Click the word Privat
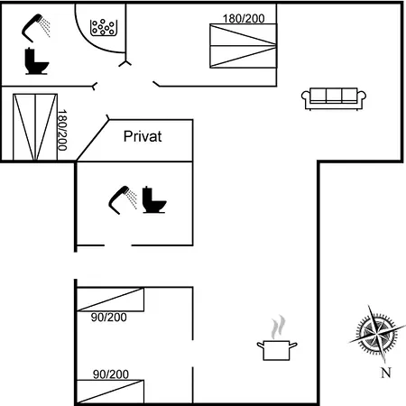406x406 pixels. pos(143,136)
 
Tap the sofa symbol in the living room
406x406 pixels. pos(334,98)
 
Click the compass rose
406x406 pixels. pos(377,333)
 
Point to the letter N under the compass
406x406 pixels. pos(386,373)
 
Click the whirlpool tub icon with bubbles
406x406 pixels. pos(104,28)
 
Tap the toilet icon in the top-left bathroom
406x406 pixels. pos(36,61)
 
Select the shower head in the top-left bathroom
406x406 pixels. pos(36,28)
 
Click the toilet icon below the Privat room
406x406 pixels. pos(154,199)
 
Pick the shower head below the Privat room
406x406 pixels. pos(123,200)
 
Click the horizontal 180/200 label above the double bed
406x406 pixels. pos(244,19)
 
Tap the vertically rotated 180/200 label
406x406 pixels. pos(62,130)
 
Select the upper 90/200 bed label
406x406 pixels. pos(109,318)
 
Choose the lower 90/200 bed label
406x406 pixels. pos(111,374)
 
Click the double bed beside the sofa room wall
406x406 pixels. pos(243,46)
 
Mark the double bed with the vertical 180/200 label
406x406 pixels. pos(35,127)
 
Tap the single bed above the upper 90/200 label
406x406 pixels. pos(110,300)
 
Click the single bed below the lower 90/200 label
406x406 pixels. pos(110,392)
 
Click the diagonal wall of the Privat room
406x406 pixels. pos(93,140)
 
